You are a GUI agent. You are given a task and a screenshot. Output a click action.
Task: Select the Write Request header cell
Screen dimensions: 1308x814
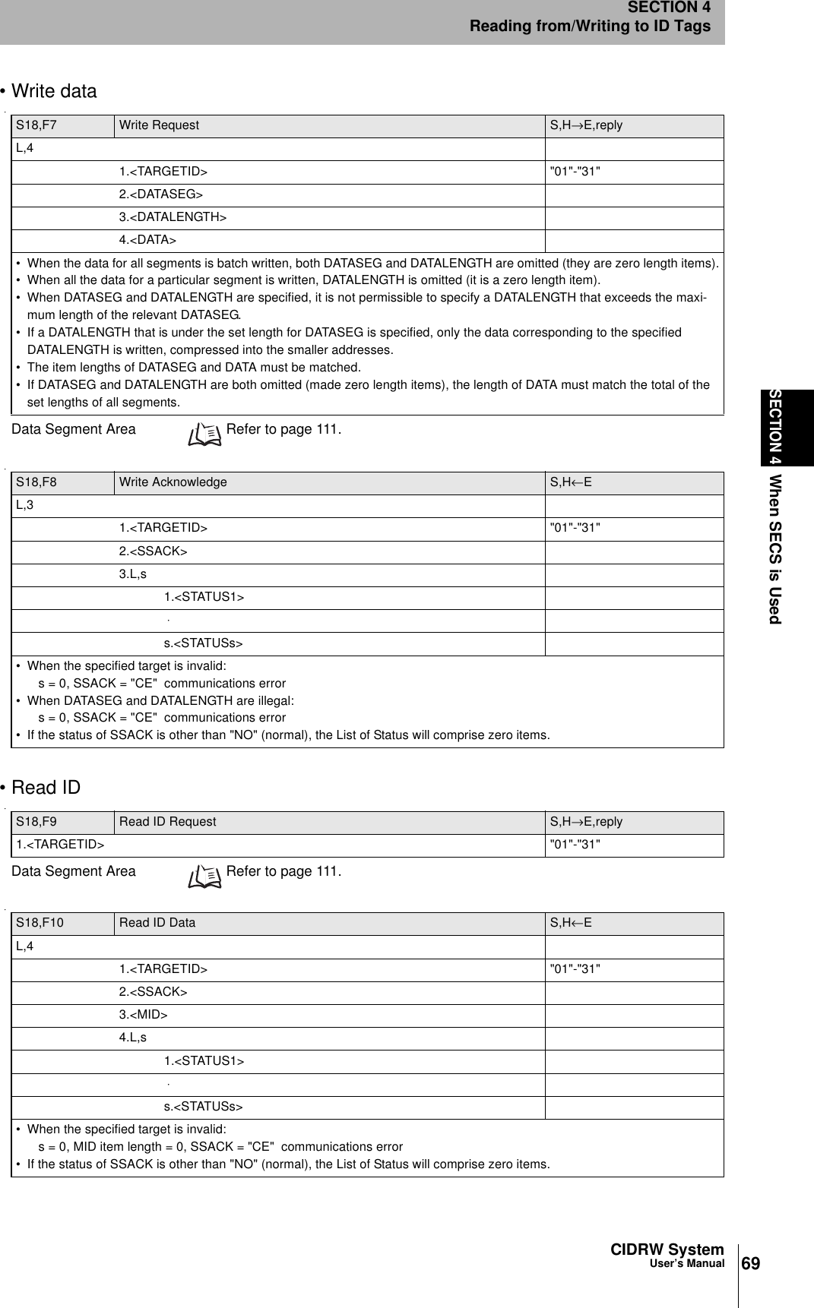coord(159,125)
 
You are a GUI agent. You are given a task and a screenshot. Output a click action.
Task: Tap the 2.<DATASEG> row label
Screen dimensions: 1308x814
coord(160,195)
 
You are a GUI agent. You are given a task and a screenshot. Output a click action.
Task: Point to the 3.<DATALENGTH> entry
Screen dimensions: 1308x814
coord(173,218)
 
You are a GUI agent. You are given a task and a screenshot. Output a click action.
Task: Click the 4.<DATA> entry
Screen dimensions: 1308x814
coord(147,241)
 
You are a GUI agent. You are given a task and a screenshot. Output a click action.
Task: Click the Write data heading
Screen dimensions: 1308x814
coord(53,91)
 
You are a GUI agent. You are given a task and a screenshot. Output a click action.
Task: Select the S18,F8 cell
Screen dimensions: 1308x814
coord(36,482)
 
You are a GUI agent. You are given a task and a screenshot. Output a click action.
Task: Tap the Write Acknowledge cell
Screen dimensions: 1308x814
coord(173,482)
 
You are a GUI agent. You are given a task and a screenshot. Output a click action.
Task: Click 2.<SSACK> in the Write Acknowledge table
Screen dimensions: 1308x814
coord(153,551)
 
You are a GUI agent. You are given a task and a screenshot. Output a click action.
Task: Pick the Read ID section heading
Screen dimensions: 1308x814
coord(45,788)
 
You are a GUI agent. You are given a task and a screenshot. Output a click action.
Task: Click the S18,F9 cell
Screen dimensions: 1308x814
coord(36,822)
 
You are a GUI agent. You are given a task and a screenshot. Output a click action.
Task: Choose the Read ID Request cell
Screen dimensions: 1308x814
coord(167,822)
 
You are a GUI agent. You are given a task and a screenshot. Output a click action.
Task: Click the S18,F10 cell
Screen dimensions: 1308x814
coord(40,923)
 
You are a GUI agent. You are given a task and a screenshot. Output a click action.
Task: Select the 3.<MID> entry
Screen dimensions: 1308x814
coord(143,1016)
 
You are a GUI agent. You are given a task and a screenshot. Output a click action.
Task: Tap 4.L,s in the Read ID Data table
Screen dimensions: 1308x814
coord(133,1038)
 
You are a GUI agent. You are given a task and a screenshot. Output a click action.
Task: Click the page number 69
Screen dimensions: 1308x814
coord(750,1264)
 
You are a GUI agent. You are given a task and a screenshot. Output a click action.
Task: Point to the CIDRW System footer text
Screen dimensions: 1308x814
coord(667,1250)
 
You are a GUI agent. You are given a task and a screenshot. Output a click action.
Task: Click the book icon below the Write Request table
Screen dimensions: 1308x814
coord(205,433)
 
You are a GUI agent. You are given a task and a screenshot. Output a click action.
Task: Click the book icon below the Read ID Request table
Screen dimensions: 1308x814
coord(205,875)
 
